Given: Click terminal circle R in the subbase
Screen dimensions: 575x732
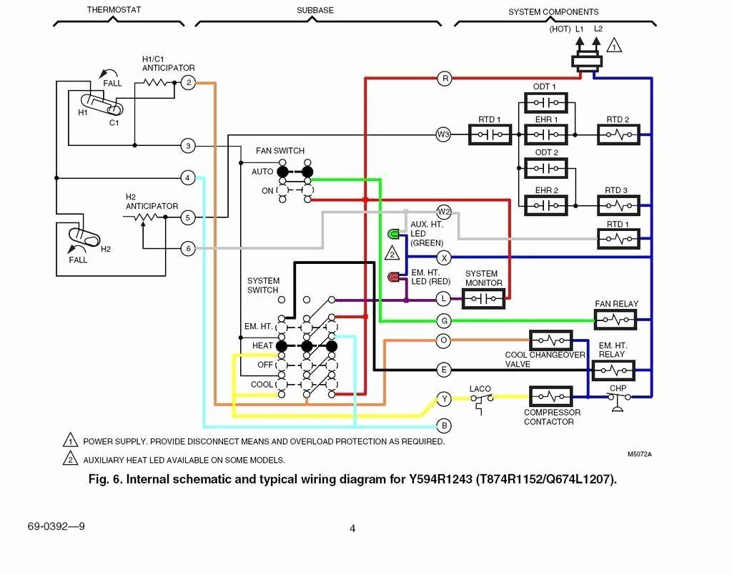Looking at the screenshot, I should click(x=445, y=79).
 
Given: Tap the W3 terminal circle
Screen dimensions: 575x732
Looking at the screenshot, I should click(x=444, y=134).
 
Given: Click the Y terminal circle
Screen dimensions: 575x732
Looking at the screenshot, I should click(x=444, y=399).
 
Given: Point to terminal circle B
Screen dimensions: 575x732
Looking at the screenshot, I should click(x=444, y=426).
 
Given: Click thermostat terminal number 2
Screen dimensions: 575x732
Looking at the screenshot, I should click(x=187, y=83).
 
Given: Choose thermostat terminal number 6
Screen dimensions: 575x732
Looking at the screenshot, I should click(x=187, y=249).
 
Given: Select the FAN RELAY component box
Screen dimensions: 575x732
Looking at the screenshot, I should click(x=615, y=318).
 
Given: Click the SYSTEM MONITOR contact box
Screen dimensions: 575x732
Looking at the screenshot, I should click(x=483, y=298).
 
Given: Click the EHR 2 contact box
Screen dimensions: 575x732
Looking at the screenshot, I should click(x=546, y=206).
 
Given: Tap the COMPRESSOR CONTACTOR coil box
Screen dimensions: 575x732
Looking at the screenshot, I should click(x=550, y=396).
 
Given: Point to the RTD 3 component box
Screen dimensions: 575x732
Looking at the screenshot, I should click(x=618, y=206).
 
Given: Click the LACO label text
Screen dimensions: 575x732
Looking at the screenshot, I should click(x=480, y=389).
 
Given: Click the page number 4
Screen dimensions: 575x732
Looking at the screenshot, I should click(x=352, y=529).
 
